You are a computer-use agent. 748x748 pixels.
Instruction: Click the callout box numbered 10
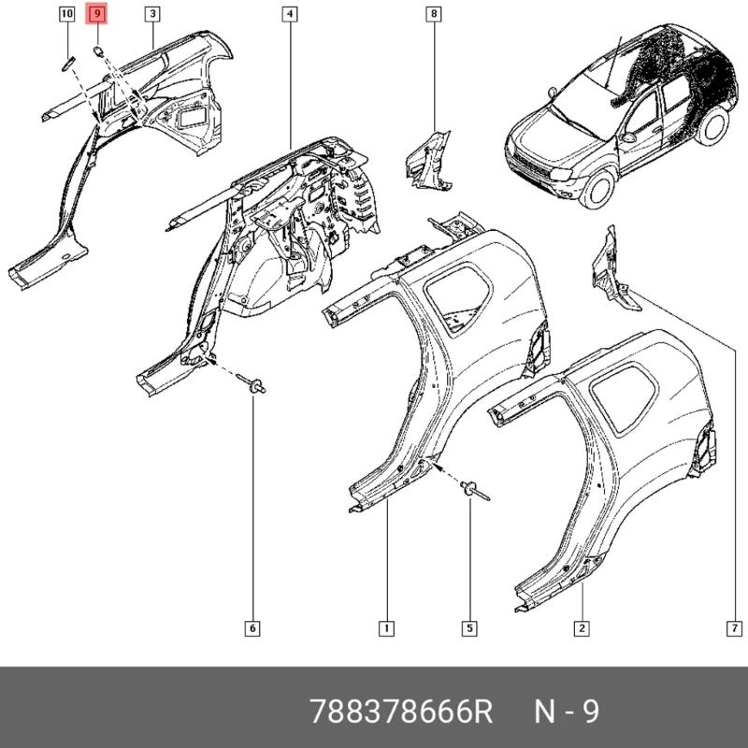point(66,14)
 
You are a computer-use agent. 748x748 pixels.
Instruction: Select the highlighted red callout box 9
point(97,14)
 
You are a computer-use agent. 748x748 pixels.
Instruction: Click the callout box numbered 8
point(433,14)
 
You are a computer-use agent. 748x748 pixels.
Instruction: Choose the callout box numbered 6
point(252,627)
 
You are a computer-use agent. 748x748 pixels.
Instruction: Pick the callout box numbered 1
point(385,627)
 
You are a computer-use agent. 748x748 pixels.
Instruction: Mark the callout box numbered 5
point(469,627)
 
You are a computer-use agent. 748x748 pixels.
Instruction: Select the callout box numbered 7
point(734,627)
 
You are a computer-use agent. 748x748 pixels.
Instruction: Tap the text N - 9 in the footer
point(566,712)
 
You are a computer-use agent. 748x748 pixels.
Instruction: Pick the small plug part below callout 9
point(98,50)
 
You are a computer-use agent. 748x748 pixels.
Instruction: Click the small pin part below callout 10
point(67,63)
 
